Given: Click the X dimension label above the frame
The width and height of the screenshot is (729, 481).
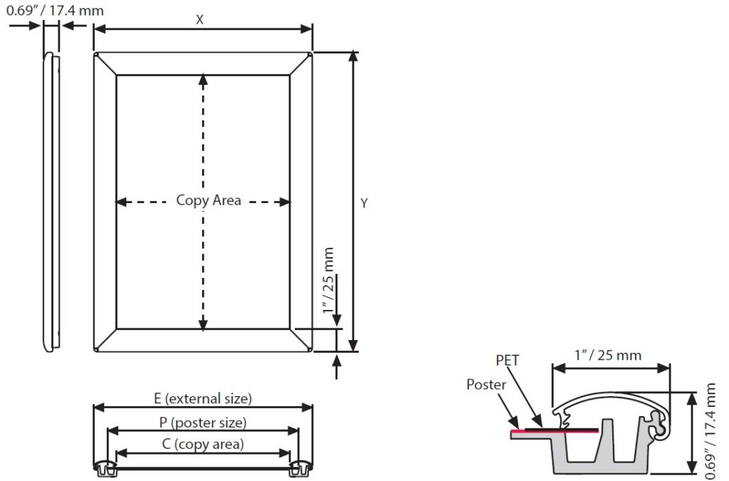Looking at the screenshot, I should coord(200,20).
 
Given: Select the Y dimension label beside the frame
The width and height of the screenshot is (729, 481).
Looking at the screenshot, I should coord(364,203).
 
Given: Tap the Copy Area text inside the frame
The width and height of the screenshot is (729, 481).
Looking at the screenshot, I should coord(209,201).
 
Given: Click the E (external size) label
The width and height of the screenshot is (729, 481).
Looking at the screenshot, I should coord(203,398).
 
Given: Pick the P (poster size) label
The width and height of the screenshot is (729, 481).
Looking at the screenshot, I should coord(203,423).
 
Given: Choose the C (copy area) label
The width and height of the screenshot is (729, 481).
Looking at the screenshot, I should coord(203,445).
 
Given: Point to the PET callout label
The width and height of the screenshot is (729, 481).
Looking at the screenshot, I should coord(508,361).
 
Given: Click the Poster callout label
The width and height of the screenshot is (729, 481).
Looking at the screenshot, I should coord(486,385).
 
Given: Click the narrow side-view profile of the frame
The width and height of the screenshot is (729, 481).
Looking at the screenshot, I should coord(51,202).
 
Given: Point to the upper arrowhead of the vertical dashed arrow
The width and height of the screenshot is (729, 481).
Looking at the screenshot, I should coord(204,79).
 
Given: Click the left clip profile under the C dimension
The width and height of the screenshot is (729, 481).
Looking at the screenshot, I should coord(105,468).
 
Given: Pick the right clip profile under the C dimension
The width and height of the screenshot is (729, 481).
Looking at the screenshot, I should coord(300,468).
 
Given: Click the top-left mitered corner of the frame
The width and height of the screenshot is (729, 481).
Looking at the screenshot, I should coord(105,63).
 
